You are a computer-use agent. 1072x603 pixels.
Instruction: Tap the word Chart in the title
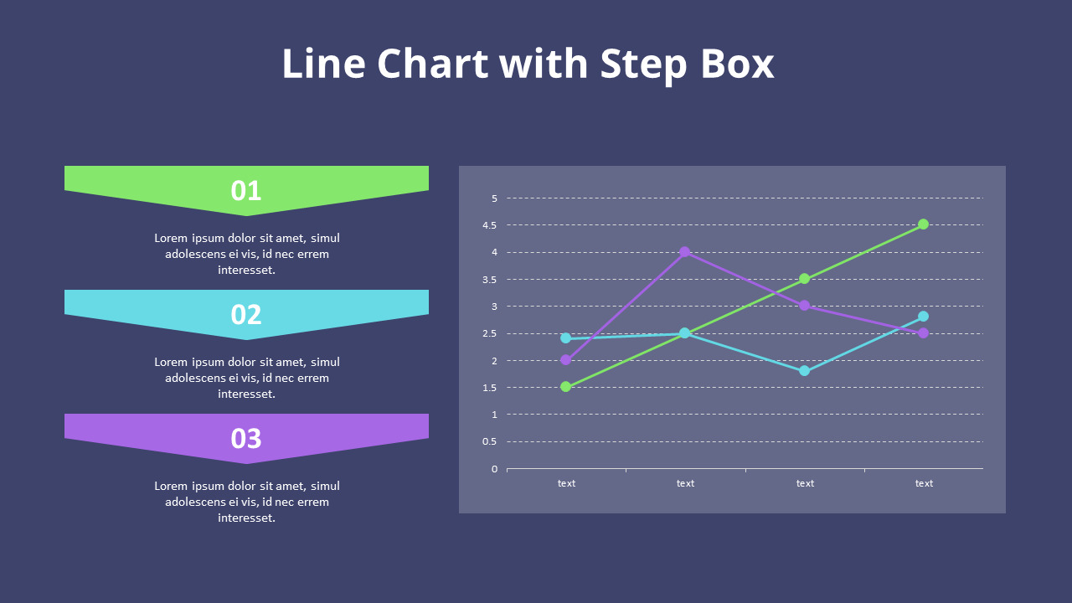(x=432, y=64)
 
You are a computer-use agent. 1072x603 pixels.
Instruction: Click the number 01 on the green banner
(x=246, y=191)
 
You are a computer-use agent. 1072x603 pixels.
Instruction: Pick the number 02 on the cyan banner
(x=246, y=315)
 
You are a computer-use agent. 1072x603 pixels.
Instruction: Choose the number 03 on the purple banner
(x=246, y=439)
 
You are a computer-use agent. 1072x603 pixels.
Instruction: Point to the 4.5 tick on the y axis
(x=489, y=225)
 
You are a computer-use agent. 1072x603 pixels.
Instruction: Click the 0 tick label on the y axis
(x=494, y=469)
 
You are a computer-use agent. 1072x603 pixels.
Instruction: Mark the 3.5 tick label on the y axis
(x=489, y=280)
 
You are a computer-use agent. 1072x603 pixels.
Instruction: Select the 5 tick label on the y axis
(x=494, y=198)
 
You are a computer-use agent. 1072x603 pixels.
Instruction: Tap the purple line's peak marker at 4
(x=685, y=252)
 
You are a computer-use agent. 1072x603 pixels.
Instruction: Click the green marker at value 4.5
(x=923, y=224)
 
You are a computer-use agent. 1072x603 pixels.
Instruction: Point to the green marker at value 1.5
(x=566, y=387)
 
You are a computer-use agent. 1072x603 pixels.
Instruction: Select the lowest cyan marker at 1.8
(x=804, y=371)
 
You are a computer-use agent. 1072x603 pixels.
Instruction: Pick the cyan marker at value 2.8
(x=923, y=317)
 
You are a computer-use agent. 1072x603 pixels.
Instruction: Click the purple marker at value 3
(x=804, y=306)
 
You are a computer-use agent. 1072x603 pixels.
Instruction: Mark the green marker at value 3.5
(x=804, y=279)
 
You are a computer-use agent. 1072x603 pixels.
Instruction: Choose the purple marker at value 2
(x=566, y=360)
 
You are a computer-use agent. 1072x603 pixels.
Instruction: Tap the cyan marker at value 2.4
(x=566, y=338)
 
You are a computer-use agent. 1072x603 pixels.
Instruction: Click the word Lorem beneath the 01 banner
(x=172, y=238)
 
